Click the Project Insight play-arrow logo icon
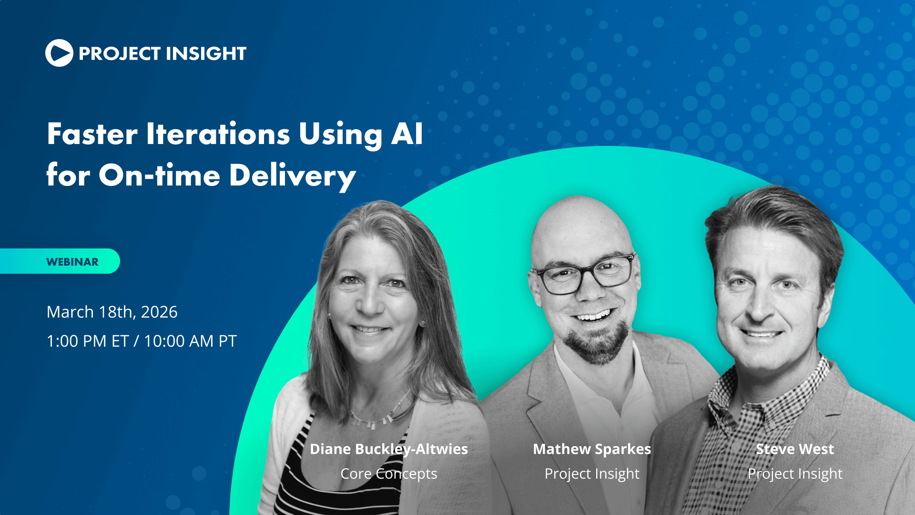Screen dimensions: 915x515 point(59,53)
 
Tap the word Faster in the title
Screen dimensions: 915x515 point(92,134)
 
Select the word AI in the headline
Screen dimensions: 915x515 point(407,134)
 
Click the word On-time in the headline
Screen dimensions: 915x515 point(159,175)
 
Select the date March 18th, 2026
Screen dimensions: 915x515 point(112,312)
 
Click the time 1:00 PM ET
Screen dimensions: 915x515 point(88,341)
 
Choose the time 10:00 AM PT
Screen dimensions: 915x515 point(190,341)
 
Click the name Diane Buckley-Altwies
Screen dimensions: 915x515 point(389,449)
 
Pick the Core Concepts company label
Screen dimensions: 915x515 point(389,474)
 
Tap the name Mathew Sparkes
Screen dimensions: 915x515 point(592,449)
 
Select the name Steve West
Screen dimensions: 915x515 point(795,449)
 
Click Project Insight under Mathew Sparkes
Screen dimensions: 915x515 point(592,474)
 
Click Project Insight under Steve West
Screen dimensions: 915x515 point(795,474)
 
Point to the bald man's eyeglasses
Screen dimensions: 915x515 point(583,275)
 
